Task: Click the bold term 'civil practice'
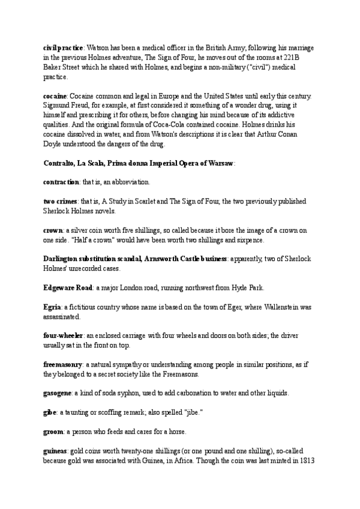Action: [64, 47]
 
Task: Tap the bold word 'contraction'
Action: [61, 181]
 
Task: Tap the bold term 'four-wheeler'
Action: [63, 334]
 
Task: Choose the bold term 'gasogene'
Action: [58, 393]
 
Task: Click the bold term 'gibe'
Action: [50, 412]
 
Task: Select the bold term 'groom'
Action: [53, 432]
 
